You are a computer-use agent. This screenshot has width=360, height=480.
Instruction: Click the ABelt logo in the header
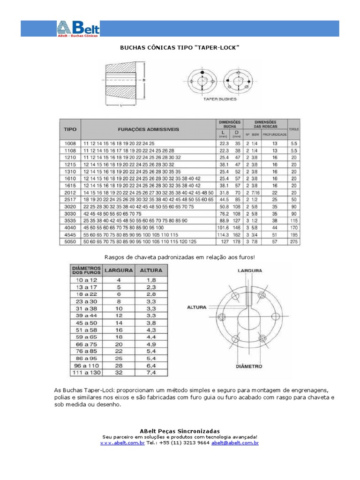78,29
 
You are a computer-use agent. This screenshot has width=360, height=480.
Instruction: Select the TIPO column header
70,128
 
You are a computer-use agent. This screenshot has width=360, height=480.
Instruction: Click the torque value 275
293,241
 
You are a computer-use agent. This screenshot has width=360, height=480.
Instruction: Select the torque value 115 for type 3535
293,220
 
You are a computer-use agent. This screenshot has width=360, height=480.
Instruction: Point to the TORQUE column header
294,128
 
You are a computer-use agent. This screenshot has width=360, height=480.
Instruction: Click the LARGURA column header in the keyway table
118,270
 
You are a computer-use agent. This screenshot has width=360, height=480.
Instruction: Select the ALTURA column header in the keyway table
151,270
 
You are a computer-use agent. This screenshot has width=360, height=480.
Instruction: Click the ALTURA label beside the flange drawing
197,307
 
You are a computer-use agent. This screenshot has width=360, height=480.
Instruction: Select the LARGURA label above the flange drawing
250,270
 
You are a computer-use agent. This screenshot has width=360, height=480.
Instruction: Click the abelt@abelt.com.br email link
235,442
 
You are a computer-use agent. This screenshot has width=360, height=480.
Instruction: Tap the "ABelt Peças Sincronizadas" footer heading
180,431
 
